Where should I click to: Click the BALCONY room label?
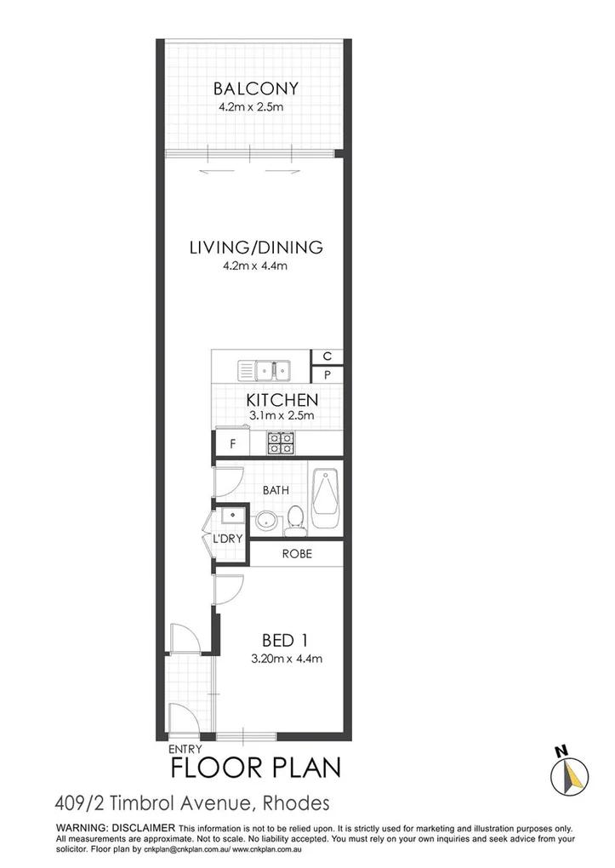click(x=255, y=89)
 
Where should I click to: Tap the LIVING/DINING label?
click(x=255, y=248)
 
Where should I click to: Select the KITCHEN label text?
click(x=282, y=400)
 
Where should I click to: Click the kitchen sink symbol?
click(x=265, y=370)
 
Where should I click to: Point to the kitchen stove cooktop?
click(x=282, y=442)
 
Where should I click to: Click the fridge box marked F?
click(x=232, y=443)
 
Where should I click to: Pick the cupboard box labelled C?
click(x=326, y=357)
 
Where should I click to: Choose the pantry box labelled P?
click(x=326, y=375)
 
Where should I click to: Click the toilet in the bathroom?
click(x=296, y=518)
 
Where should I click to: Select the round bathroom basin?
click(x=265, y=519)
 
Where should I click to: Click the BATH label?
click(x=276, y=490)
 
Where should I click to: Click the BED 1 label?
click(x=284, y=640)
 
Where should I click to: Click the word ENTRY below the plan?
click(x=185, y=748)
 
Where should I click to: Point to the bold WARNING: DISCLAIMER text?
click(x=115, y=828)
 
